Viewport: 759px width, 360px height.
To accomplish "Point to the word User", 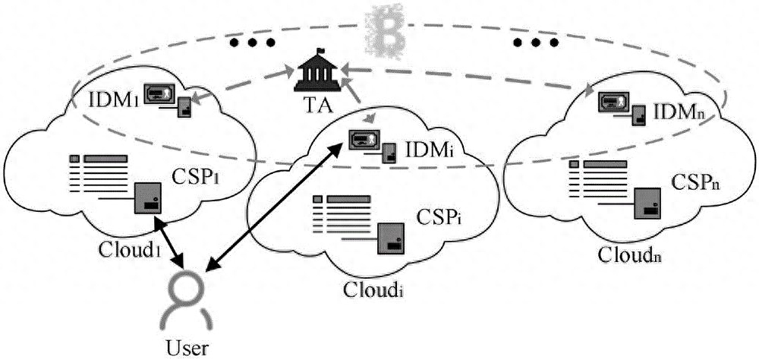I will click(186, 349).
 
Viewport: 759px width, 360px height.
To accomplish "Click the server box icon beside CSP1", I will click(146, 198).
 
